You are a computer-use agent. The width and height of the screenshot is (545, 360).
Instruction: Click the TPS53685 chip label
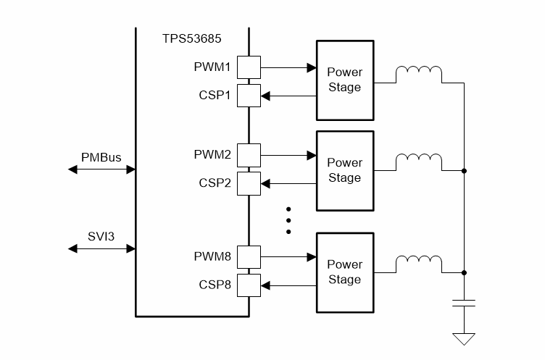coord(191,38)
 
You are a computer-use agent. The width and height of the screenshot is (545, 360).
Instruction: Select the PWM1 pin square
coord(249,68)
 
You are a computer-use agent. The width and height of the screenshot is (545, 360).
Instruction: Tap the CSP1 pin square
coord(249,95)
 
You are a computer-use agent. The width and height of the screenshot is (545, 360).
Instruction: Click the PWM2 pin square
coord(249,155)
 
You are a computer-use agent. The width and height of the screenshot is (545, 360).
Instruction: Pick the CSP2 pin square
coord(249,183)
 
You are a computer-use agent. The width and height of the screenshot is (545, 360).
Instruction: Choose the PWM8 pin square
coord(249,256)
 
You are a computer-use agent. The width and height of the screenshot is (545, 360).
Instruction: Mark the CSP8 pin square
coord(249,285)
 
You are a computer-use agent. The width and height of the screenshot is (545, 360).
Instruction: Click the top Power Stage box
coord(344,80)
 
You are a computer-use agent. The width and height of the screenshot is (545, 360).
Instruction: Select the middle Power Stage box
coord(344,170)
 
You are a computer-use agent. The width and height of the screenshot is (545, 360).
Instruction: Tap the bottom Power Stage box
coord(344,272)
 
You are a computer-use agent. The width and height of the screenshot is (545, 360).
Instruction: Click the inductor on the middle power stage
coord(418,159)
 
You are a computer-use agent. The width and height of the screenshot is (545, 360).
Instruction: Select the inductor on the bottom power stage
coord(418,262)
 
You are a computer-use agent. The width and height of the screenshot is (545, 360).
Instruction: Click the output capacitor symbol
coord(464,303)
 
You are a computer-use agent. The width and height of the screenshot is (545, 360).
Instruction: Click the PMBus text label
coord(101,156)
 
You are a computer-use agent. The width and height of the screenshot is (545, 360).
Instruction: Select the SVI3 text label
coord(101,235)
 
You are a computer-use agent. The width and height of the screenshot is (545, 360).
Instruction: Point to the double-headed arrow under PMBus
coord(101,169)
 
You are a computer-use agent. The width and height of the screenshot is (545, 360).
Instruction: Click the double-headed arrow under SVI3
coord(101,248)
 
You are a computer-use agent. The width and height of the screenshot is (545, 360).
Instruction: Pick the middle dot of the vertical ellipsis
coord(288,219)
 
